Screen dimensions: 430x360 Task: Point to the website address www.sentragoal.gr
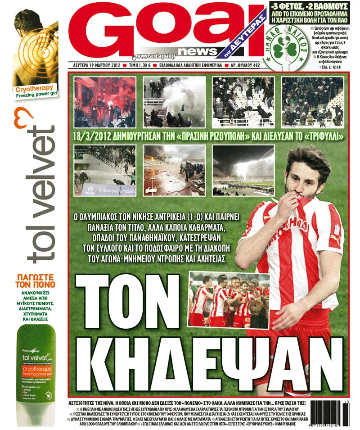(154, 56)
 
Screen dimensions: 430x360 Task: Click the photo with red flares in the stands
(104, 102)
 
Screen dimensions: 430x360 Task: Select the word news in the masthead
(198, 51)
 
